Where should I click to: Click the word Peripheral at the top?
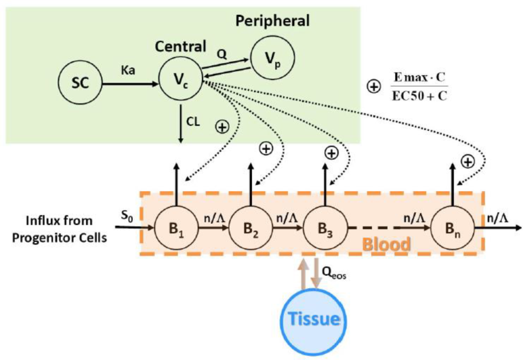pos(272,21)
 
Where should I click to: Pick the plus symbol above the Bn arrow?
pos(467,161)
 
